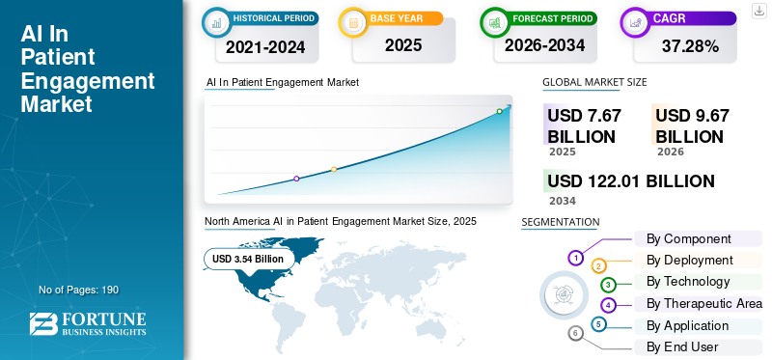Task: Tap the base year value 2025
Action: coord(403,45)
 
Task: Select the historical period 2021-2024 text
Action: coord(265,45)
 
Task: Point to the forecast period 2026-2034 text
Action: coord(545,45)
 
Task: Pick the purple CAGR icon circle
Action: coord(637,21)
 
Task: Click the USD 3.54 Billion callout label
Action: coord(248,259)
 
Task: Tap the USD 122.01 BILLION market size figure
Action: coord(631,180)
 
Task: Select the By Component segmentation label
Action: coord(688,238)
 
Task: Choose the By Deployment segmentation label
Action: coord(689,260)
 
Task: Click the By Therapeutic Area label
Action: coord(703,303)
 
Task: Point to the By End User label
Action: coord(682,346)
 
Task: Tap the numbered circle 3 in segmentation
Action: coord(608,285)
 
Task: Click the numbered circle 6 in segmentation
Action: coord(576,333)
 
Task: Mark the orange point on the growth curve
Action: coord(334,169)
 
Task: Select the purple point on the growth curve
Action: coord(296,179)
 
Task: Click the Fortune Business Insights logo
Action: coord(88,324)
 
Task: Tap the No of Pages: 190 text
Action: coord(78,290)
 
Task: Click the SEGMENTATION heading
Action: coord(561,222)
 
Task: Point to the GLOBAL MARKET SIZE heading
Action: coord(594,82)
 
